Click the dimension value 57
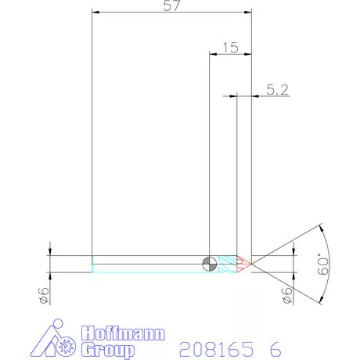click(x=171, y=5)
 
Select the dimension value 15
click(x=230, y=48)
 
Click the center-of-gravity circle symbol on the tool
click(x=209, y=263)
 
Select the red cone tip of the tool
click(x=243, y=263)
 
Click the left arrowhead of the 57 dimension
click(x=95, y=12)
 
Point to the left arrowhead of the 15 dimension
click(x=212, y=54)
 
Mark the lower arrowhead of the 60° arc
click(x=321, y=299)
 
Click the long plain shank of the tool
click(x=149, y=263)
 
